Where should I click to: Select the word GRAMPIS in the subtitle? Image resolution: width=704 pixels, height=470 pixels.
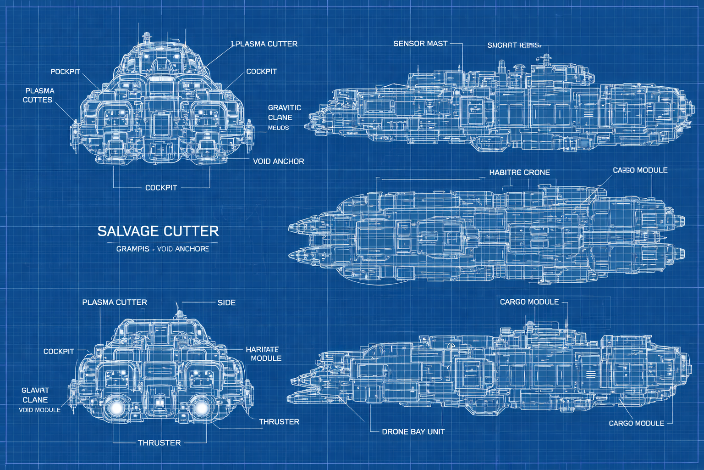pyautogui.click(x=132, y=249)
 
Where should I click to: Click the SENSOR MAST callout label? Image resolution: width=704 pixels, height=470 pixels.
pyautogui.click(x=420, y=44)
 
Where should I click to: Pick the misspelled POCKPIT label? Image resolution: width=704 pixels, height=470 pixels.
pyautogui.click(x=65, y=72)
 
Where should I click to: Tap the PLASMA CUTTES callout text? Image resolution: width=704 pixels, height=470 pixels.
pyautogui.click(x=39, y=95)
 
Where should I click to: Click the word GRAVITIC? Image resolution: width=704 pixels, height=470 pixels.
pyautogui.click(x=285, y=107)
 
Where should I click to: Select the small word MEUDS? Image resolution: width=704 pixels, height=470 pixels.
pyautogui.click(x=278, y=128)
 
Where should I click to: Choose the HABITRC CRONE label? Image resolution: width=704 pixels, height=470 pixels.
pyautogui.click(x=519, y=173)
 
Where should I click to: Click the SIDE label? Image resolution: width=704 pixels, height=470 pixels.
pyautogui.click(x=226, y=302)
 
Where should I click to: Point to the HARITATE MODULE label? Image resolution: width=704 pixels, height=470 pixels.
pyautogui.click(x=264, y=354)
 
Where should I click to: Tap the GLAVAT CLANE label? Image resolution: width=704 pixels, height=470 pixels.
pyautogui.click(x=35, y=395)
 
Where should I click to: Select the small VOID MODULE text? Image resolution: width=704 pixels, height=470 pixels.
pyautogui.click(x=39, y=410)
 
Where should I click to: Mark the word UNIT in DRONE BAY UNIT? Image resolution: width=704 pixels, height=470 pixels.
pyautogui.click(x=436, y=432)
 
